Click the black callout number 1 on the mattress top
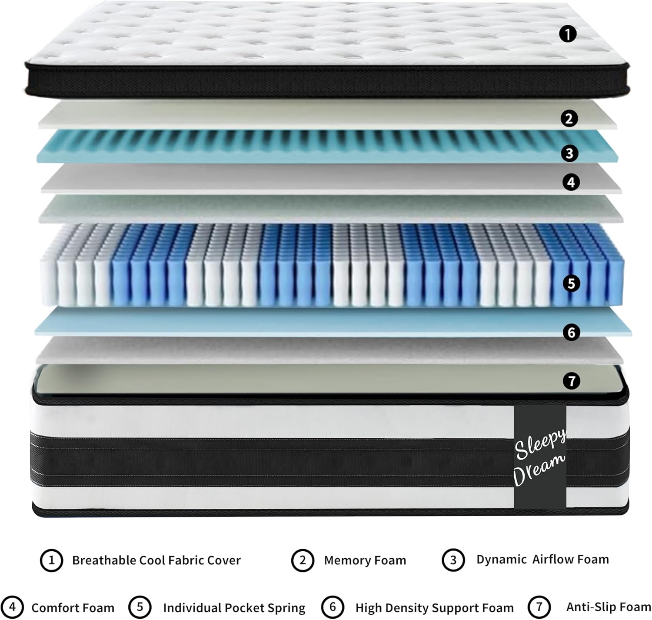point(567,34)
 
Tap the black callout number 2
point(569,118)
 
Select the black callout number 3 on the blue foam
point(569,153)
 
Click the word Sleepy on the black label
point(540,444)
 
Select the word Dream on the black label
point(539,470)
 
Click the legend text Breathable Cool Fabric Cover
point(156,560)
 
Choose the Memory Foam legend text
point(365,560)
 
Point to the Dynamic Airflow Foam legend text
point(542,559)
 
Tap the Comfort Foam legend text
point(73,608)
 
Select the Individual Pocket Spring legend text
point(234,608)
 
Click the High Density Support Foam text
point(434,608)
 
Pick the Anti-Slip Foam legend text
point(609,607)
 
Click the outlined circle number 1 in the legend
point(51,560)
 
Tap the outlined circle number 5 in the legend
point(140,607)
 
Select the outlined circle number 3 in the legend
point(453,560)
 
